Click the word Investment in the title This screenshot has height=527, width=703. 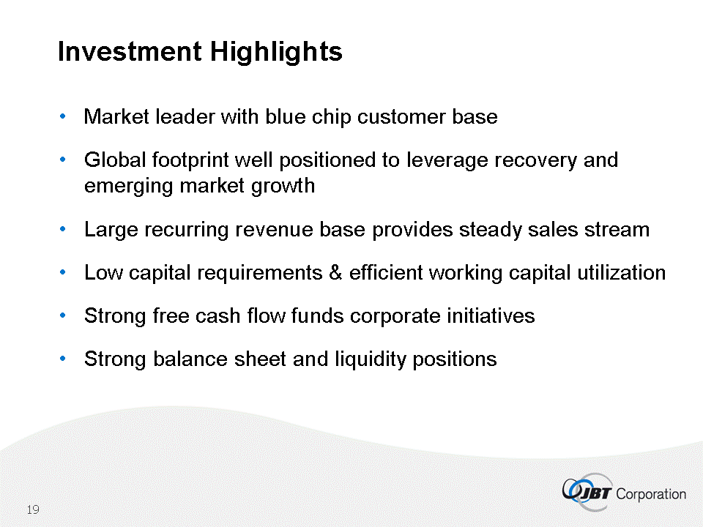(x=130, y=51)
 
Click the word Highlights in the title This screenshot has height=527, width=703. (x=276, y=52)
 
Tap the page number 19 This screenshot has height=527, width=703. (x=33, y=509)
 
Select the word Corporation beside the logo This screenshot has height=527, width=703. (x=651, y=494)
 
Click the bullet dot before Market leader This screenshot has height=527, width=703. (x=63, y=116)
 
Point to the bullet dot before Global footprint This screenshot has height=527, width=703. (x=63, y=160)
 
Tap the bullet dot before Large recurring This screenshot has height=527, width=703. (x=63, y=229)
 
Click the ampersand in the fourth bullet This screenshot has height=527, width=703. (x=335, y=272)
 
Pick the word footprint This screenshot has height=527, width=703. (x=190, y=160)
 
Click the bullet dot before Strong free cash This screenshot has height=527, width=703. (x=63, y=315)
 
